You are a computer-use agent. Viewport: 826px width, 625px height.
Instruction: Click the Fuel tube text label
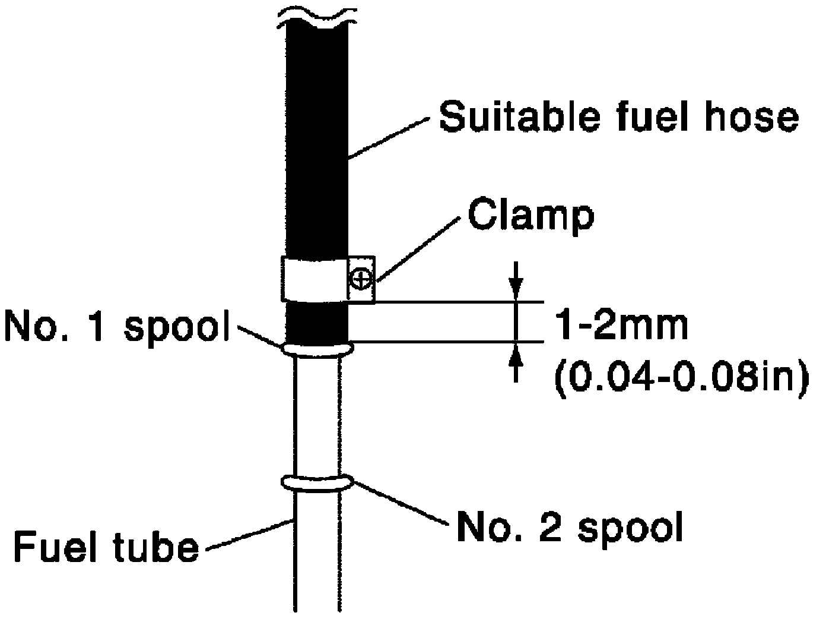coord(105,547)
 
